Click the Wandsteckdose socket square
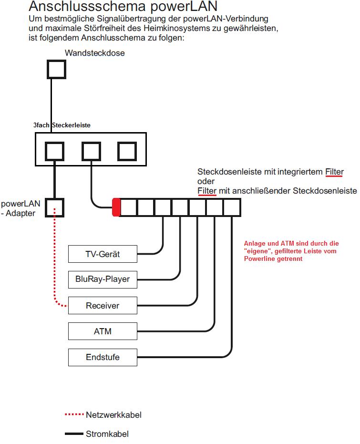[56, 70]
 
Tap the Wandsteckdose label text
[95, 53]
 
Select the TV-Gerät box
[103, 254]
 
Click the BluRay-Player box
[103, 279]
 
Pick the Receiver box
[103, 306]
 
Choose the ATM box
[103, 331]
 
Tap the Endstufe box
[103, 357]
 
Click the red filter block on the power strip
[116, 207]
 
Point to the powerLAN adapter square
[55, 207]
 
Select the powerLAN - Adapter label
[20, 208]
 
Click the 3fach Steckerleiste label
[62, 125]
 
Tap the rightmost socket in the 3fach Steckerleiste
[127, 151]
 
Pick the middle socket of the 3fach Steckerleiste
[91, 151]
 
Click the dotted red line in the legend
[74, 414]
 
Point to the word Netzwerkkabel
[113, 414]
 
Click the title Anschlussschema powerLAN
[123, 6]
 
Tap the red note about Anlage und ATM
[291, 251]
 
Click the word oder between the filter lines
[206, 182]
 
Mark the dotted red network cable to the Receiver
[55, 267]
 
